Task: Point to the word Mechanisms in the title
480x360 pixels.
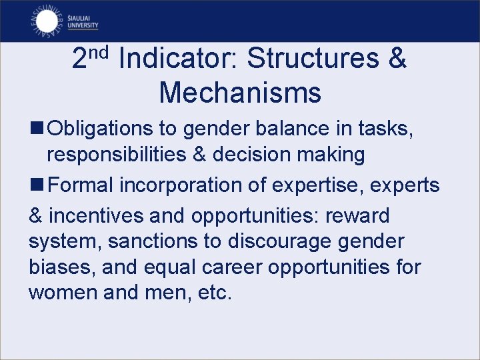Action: pos(240,93)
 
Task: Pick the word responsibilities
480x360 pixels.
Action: pos(118,155)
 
